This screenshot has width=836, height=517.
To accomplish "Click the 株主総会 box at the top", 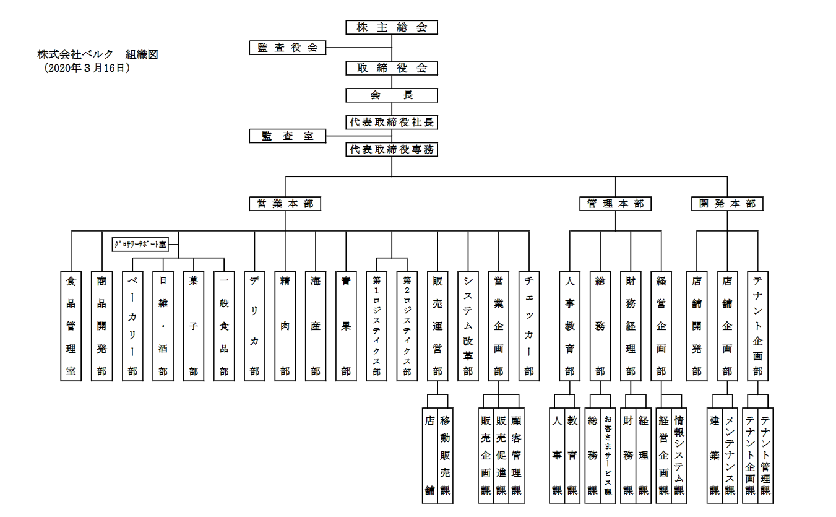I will pyautogui.click(x=392, y=27).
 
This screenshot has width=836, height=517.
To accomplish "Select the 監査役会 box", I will pyautogui.click(x=287, y=48).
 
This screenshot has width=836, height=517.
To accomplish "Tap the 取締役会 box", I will pyautogui.click(x=392, y=68).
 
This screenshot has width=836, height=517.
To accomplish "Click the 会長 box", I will pyautogui.click(x=392, y=95).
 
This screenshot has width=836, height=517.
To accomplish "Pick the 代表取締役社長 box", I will pyautogui.click(x=392, y=122).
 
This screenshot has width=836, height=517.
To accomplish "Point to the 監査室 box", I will pyautogui.click(x=287, y=136).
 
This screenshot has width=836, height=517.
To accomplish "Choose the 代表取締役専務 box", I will pyautogui.click(x=392, y=149).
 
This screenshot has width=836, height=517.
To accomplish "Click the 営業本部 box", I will pyautogui.click(x=285, y=204).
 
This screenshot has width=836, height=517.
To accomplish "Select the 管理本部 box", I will pyautogui.click(x=615, y=204).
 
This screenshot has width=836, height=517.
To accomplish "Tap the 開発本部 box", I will pyautogui.click(x=727, y=204).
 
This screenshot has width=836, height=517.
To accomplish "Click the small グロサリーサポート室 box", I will pyautogui.click(x=140, y=245).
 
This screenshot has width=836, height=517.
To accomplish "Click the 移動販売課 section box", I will pyautogui.click(x=445, y=455).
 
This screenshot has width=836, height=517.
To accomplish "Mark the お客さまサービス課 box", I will pyautogui.click(x=608, y=455).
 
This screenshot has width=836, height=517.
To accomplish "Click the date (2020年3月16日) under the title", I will pyautogui.click(x=87, y=69).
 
